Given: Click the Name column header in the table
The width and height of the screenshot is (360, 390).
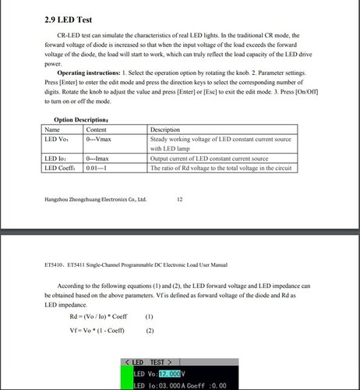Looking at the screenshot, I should [53, 129].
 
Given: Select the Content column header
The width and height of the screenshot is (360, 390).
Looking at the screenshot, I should [97, 129].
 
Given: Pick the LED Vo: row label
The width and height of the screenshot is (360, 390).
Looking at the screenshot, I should [59, 139].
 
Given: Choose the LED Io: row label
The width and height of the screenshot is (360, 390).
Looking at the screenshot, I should [58, 158].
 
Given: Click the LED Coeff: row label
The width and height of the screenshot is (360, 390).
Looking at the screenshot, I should [63, 168].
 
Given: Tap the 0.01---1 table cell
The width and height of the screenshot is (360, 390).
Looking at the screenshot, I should [98, 168].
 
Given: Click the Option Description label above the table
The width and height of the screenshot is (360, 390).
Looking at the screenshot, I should [86, 119].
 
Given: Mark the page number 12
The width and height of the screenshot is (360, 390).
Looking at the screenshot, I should [180, 200].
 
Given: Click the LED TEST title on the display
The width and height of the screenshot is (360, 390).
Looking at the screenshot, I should [152, 363].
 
